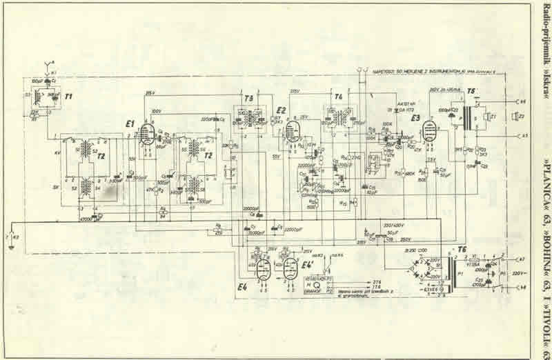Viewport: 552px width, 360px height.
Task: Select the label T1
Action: [x=68, y=97]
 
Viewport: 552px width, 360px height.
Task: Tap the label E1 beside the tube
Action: [x=130, y=123]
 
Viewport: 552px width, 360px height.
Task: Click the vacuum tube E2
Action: [x=293, y=128]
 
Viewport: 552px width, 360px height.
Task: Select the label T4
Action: [x=338, y=97]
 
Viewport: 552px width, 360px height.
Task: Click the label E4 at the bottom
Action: [x=241, y=287]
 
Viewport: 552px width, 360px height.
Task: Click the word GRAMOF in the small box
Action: [x=315, y=291]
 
